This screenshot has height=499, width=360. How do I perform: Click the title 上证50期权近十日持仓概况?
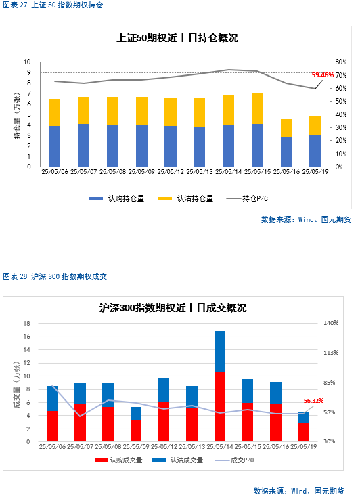177,38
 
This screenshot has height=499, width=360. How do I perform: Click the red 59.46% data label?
323,75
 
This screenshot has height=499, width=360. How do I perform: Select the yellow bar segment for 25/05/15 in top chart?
258,108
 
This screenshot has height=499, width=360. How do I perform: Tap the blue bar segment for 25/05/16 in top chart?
286,152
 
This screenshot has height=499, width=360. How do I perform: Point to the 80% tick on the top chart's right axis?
340,62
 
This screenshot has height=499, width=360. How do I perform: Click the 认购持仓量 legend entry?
116,198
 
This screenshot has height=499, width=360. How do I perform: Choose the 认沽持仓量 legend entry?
185,198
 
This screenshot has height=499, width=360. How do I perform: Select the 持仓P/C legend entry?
247,198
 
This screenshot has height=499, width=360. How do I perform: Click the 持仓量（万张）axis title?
17,115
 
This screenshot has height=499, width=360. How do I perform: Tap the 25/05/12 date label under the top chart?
171,172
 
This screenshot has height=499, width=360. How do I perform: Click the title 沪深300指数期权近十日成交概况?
173,308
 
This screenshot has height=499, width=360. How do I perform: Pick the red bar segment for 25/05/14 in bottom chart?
220,406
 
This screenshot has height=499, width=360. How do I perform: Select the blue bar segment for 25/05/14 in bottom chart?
220,351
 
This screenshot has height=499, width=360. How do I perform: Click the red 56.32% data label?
313,401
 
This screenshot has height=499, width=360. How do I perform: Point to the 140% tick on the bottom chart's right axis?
331,323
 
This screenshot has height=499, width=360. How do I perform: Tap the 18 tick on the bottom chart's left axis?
26,324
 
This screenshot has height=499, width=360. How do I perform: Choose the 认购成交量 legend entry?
118,460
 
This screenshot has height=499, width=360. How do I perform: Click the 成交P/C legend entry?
234,460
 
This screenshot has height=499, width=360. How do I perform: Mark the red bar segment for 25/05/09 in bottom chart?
136,431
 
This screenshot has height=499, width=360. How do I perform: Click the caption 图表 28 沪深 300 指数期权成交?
55,276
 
